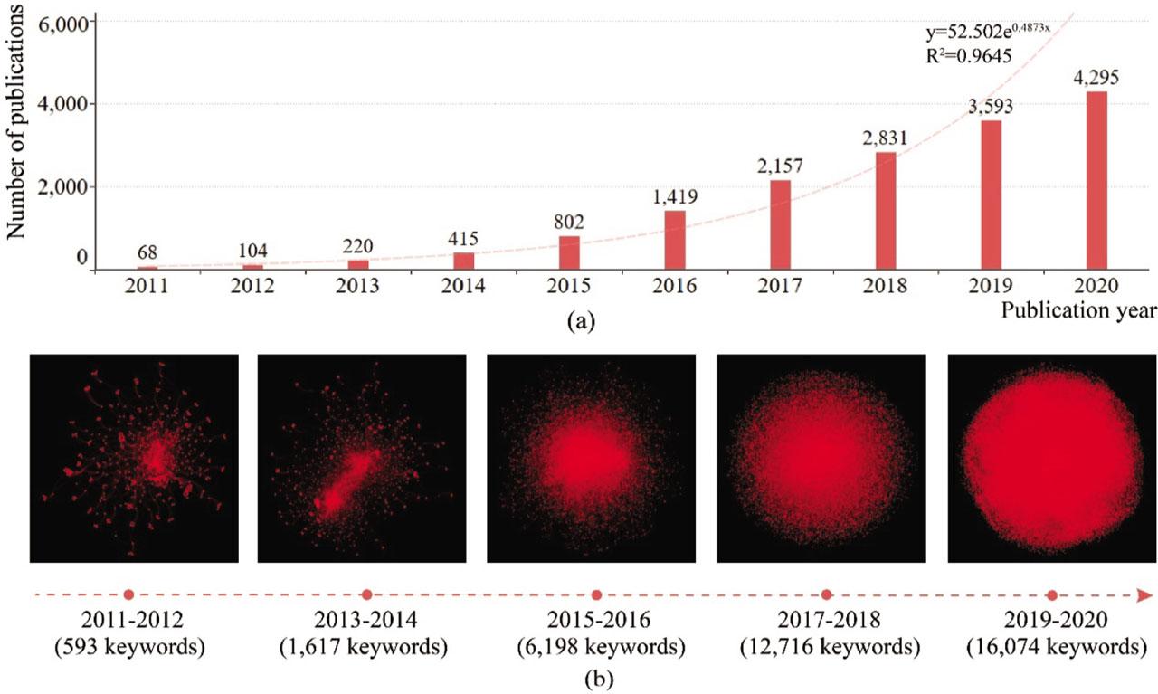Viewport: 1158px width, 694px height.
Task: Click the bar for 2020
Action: [x=1096, y=181]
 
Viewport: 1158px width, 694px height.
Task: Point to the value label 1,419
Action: [x=675, y=196]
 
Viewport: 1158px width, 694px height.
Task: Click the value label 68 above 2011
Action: [x=147, y=252]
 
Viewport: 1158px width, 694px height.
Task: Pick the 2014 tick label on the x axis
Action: [x=463, y=286]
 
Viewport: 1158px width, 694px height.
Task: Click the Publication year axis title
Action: [x=1078, y=311]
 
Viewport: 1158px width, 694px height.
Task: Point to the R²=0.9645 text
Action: [x=968, y=56]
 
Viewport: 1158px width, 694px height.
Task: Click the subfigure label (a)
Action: [x=579, y=320]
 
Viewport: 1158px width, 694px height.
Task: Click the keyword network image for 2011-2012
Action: [x=134, y=458]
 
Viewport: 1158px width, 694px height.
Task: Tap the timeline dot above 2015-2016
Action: [x=596, y=594]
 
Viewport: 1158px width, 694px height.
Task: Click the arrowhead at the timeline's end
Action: [x=1144, y=594]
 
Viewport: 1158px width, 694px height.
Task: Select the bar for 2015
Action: [x=569, y=253]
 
